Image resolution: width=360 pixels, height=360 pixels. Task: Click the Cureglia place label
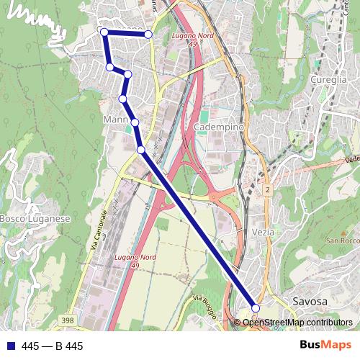(330, 79)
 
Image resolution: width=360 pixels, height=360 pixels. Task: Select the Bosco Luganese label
(35, 218)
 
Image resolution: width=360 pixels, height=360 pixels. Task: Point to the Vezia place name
(264, 233)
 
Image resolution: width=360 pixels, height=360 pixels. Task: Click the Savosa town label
(310, 300)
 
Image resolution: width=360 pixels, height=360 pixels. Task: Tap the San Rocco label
(342, 240)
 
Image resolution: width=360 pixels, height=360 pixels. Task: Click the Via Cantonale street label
(99, 230)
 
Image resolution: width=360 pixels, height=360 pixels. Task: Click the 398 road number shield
(68, 320)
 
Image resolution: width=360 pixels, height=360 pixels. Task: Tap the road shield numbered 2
(266, 189)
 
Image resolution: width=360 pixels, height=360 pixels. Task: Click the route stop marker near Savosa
(256, 308)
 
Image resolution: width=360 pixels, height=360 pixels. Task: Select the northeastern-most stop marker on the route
(148, 34)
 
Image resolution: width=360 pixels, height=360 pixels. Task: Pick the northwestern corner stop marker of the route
(104, 32)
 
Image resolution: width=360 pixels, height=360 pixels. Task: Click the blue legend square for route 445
(10, 346)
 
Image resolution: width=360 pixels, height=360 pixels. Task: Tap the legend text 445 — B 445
(53, 346)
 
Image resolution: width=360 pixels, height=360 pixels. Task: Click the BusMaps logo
(326, 346)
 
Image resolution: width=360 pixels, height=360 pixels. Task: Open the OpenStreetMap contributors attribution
(297, 323)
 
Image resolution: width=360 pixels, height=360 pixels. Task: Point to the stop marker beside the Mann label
(135, 122)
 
